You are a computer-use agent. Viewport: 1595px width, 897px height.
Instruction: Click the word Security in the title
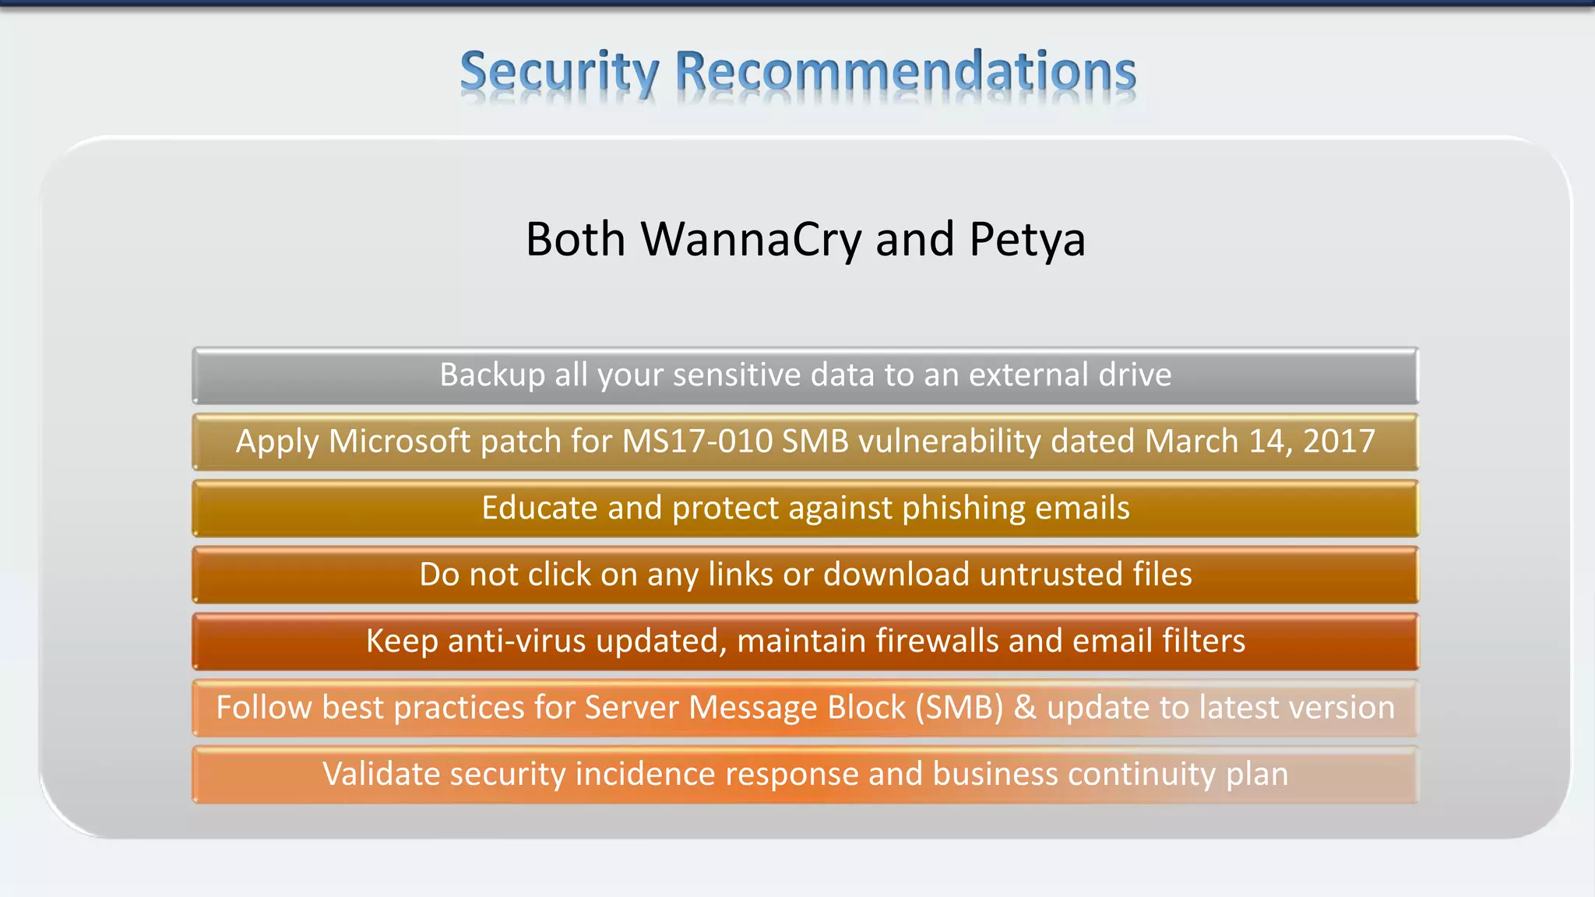(559, 72)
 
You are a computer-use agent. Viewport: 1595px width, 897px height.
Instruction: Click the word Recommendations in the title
(905, 72)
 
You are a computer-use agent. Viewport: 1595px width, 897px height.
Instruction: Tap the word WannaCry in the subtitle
(751, 239)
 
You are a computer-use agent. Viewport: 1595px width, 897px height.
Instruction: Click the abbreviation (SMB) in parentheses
(959, 708)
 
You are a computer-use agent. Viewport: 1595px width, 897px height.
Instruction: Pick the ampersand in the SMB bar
(1025, 708)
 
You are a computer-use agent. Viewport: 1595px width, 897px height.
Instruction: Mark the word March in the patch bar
(1192, 441)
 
